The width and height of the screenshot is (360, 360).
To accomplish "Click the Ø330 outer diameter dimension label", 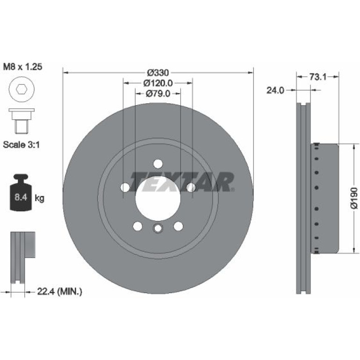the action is tap(158, 73).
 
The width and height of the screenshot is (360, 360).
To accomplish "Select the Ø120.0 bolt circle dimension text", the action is tap(158, 83).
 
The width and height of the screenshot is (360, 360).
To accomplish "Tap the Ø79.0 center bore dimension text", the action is tap(158, 94).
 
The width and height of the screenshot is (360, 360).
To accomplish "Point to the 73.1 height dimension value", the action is tap(318, 77).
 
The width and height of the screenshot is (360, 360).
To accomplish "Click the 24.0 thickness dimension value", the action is tap(275, 90).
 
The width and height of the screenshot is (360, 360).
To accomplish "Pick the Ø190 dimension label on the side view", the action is tap(354, 198).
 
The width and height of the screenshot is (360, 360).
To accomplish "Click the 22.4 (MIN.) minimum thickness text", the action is tap(59, 292).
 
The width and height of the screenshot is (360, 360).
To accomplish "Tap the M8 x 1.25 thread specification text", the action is tap(22, 67).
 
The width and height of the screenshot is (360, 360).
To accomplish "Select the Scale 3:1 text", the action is tap(22, 145).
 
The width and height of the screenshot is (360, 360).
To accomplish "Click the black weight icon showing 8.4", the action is tap(21, 193).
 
